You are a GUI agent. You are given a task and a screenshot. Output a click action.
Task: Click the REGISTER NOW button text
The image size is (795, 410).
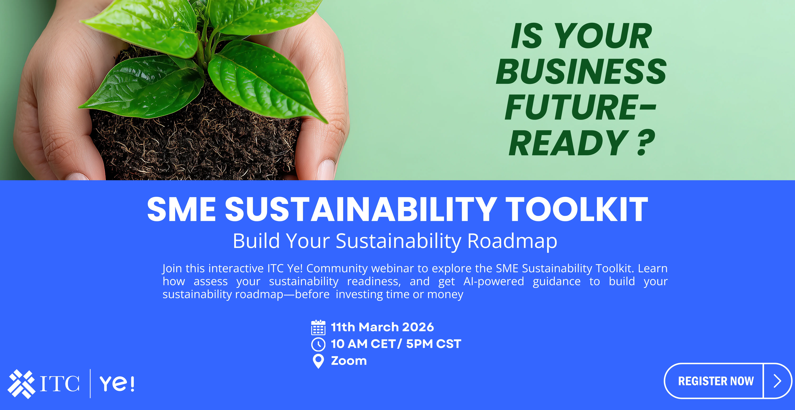point(716,381)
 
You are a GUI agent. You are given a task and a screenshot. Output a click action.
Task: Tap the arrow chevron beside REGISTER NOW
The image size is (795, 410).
point(777,381)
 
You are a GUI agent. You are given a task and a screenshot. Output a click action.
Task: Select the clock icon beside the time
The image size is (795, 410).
point(318,344)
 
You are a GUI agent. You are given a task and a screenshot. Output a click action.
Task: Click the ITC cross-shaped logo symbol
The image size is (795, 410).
point(21,384)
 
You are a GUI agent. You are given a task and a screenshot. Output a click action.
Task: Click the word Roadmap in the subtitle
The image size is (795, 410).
point(512,241)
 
